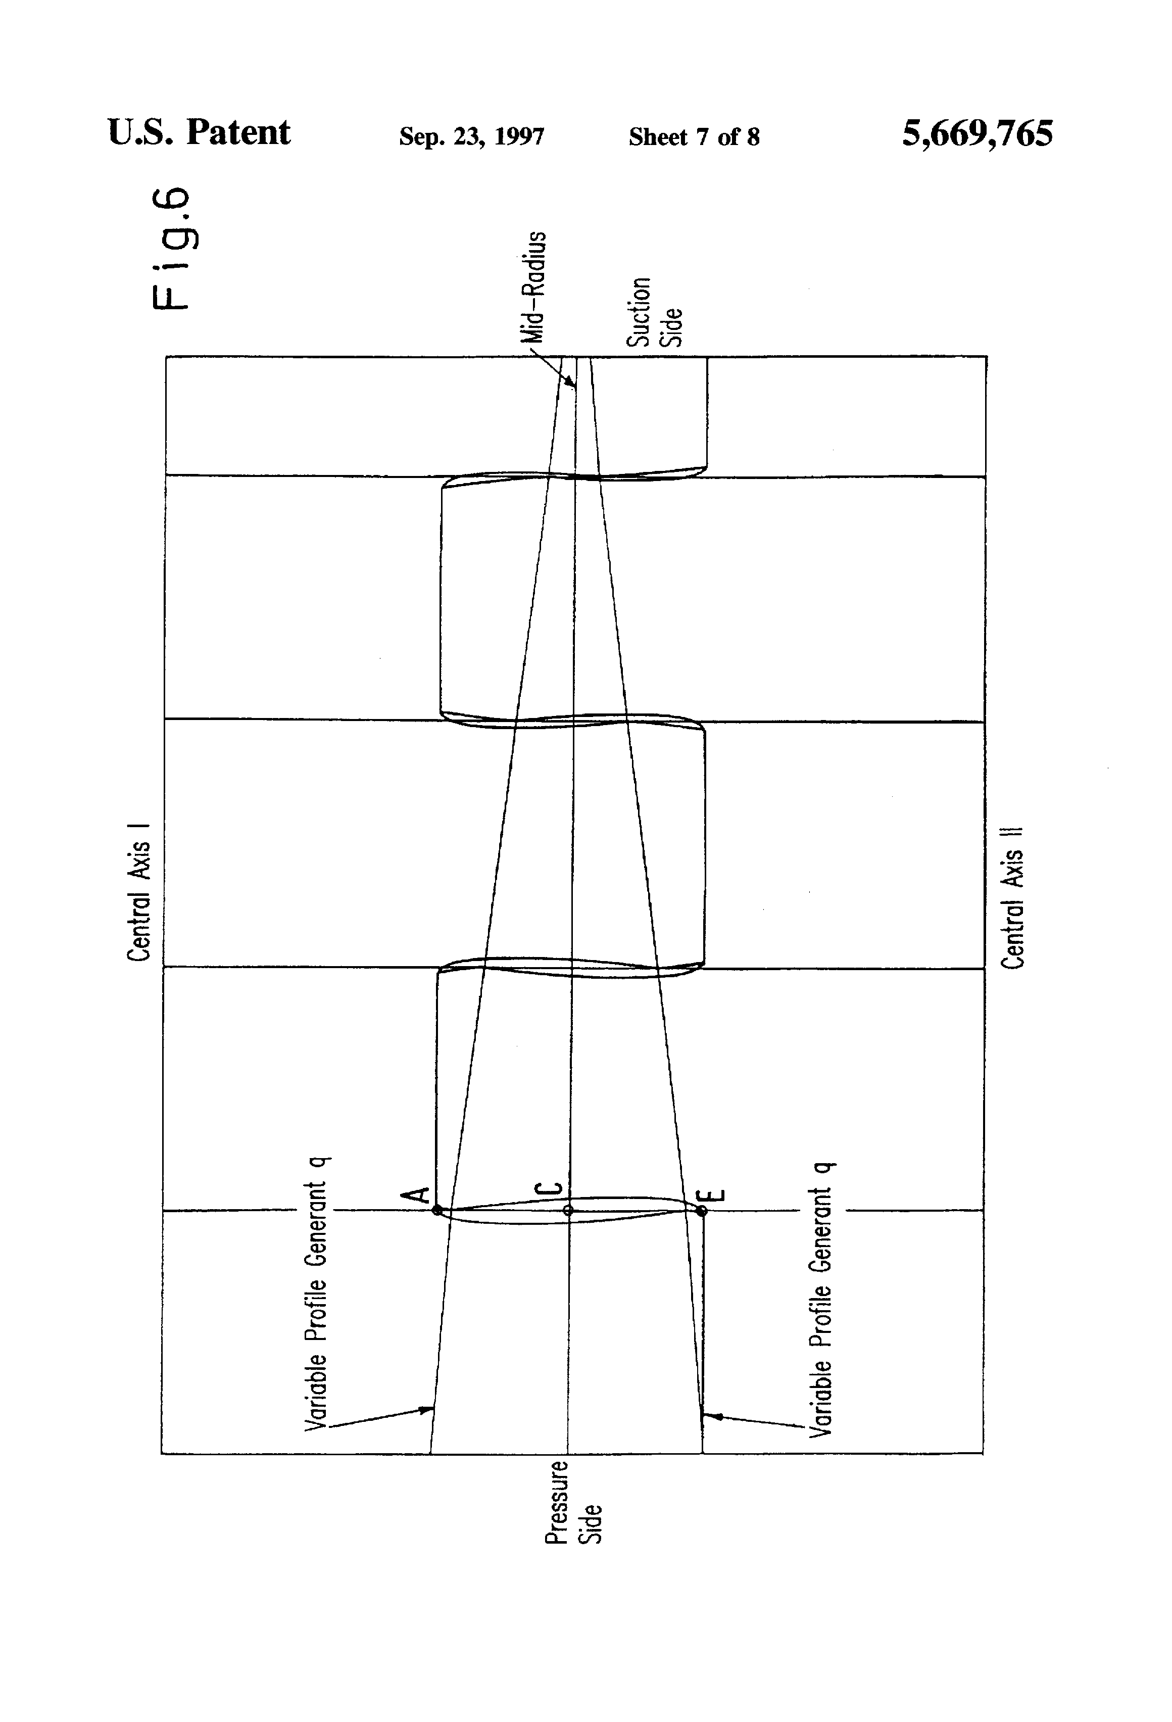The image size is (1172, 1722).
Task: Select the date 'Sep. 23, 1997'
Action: point(471,136)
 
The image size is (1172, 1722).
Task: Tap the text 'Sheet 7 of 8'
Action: point(694,136)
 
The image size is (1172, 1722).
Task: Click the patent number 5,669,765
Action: point(976,134)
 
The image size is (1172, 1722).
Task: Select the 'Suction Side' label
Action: point(653,312)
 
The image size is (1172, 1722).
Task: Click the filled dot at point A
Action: point(437,1211)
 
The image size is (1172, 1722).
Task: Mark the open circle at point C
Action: point(568,1211)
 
